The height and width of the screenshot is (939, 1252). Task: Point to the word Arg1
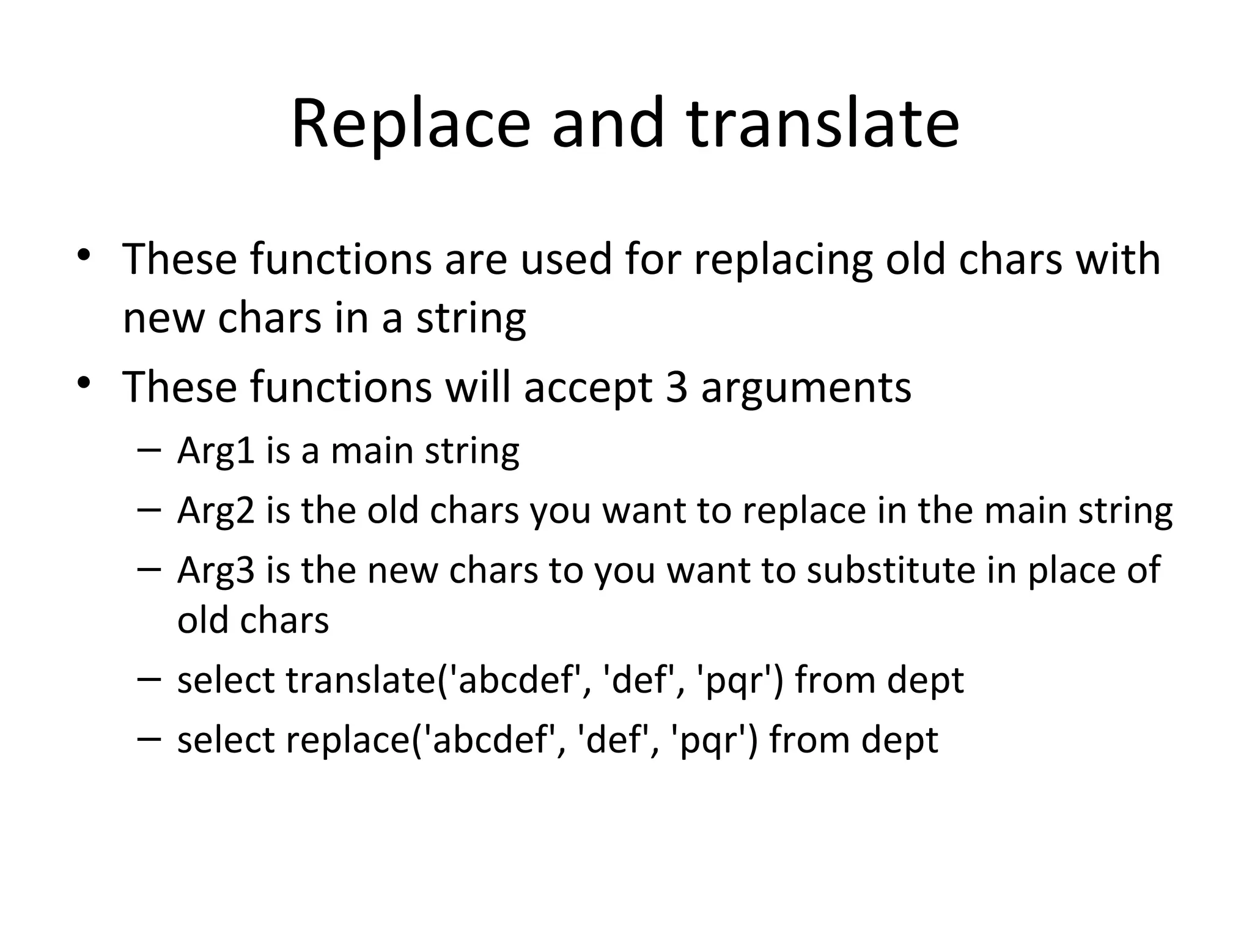point(216,452)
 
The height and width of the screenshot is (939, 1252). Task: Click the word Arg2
point(216,511)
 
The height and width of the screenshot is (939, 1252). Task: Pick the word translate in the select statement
point(361,679)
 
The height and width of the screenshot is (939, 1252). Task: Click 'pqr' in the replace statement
point(712,740)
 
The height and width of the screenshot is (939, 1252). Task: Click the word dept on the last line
point(899,740)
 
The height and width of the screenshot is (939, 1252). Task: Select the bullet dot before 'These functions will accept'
point(84,383)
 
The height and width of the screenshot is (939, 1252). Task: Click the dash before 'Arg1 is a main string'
point(149,451)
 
